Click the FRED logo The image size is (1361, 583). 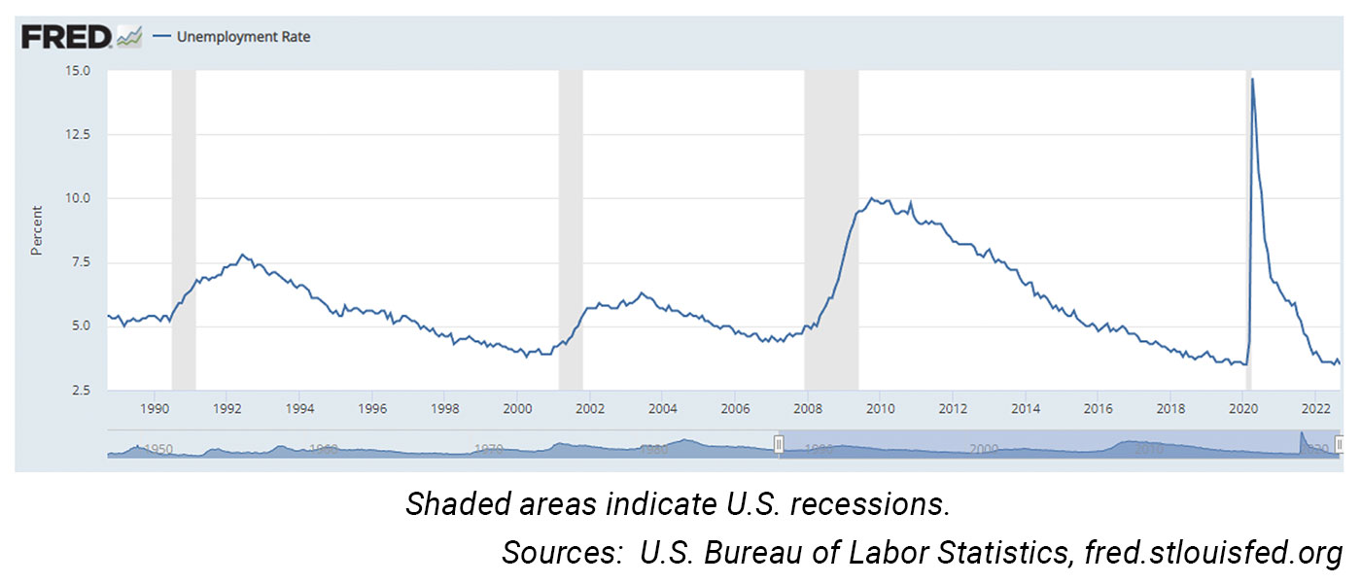[66, 37]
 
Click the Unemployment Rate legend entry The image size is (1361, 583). [243, 38]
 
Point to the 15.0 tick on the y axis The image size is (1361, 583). [78, 71]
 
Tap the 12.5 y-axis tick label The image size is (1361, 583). [78, 134]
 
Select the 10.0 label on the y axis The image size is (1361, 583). [78, 198]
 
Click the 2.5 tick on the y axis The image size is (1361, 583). [82, 390]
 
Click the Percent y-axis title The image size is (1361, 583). [37, 230]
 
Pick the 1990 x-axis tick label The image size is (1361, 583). [156, 409]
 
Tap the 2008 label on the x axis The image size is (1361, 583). [807, 409]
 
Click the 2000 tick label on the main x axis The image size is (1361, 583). [517, 409]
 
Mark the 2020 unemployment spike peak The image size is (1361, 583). [1252, 80]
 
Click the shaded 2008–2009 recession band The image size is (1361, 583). [831, 233]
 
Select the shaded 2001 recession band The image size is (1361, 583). [571, 233]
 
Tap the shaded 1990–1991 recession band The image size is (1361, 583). [184, 233]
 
